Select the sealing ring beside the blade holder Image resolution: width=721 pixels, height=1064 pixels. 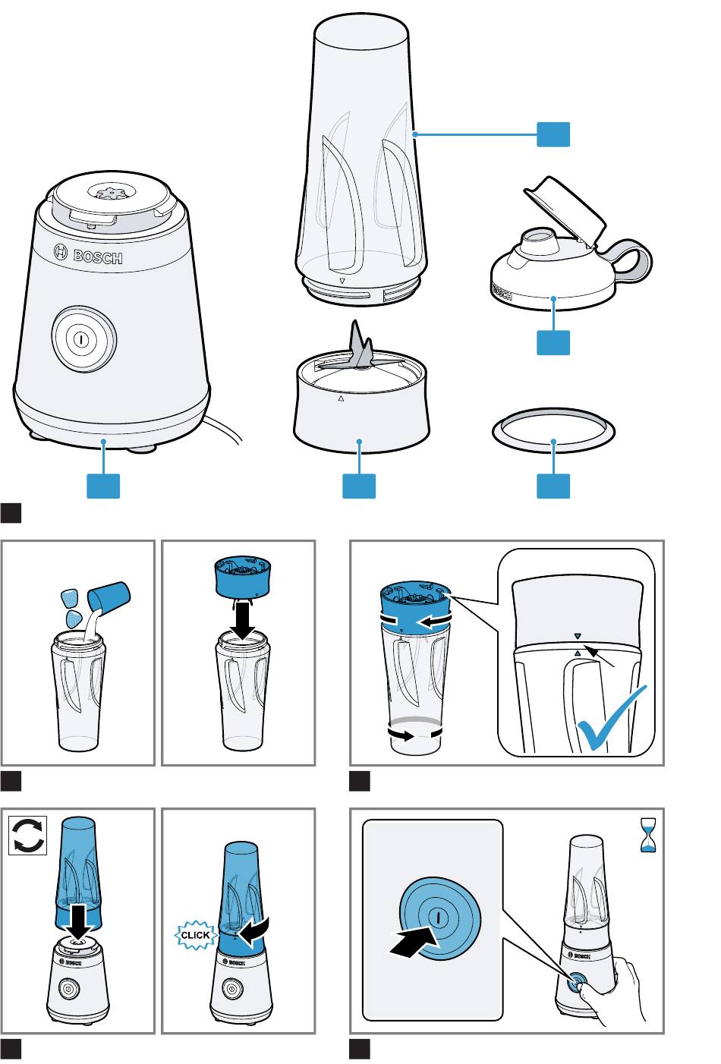(553, 430)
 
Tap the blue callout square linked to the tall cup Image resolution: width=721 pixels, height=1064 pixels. (553, 134)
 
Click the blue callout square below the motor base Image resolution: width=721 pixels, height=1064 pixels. (103, 486)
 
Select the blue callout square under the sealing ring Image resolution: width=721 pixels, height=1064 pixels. (553, 486)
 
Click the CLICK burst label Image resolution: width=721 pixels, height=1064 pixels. (195, 935)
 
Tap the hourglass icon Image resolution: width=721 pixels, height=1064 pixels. (647, 835)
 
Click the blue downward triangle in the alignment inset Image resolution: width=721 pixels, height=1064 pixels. (578, 635)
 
